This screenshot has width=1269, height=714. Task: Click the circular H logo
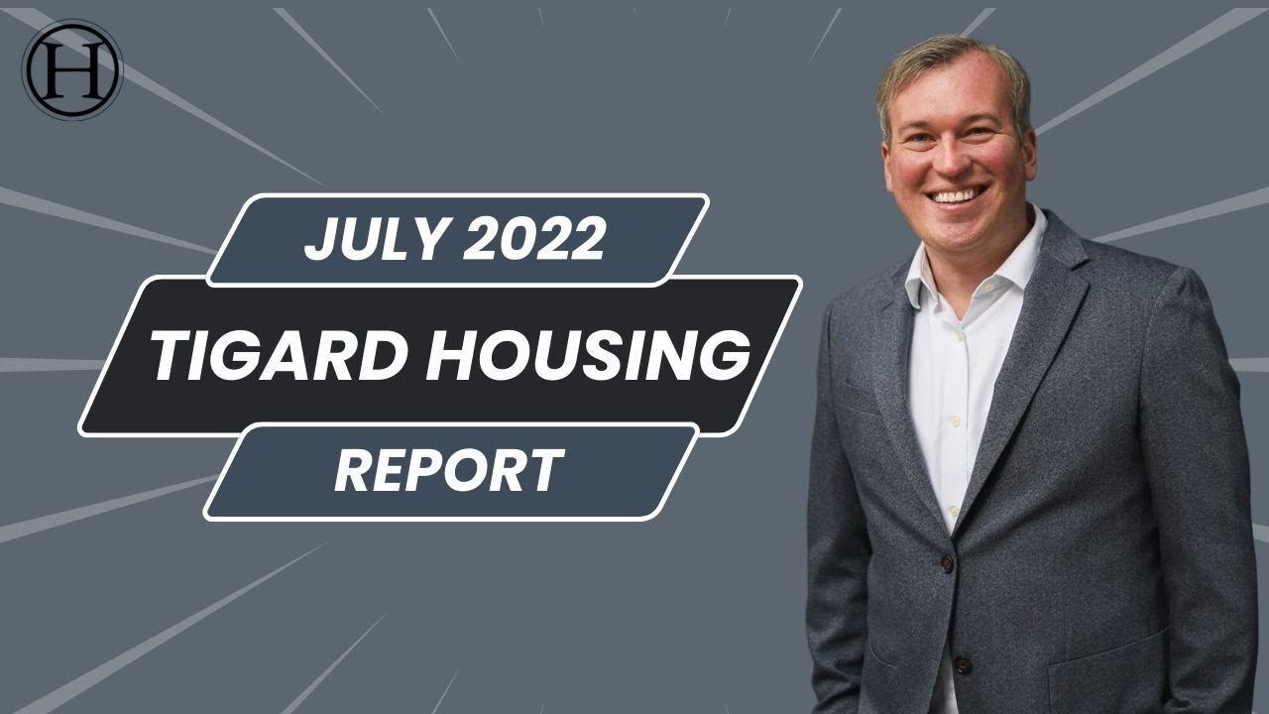pos(71,69)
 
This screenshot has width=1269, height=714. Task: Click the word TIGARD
pos(285,356)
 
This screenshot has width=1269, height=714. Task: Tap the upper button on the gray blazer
pos(947,564)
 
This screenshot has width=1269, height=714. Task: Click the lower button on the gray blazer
pos(961,664)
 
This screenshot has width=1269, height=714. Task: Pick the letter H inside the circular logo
pos(71,69)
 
